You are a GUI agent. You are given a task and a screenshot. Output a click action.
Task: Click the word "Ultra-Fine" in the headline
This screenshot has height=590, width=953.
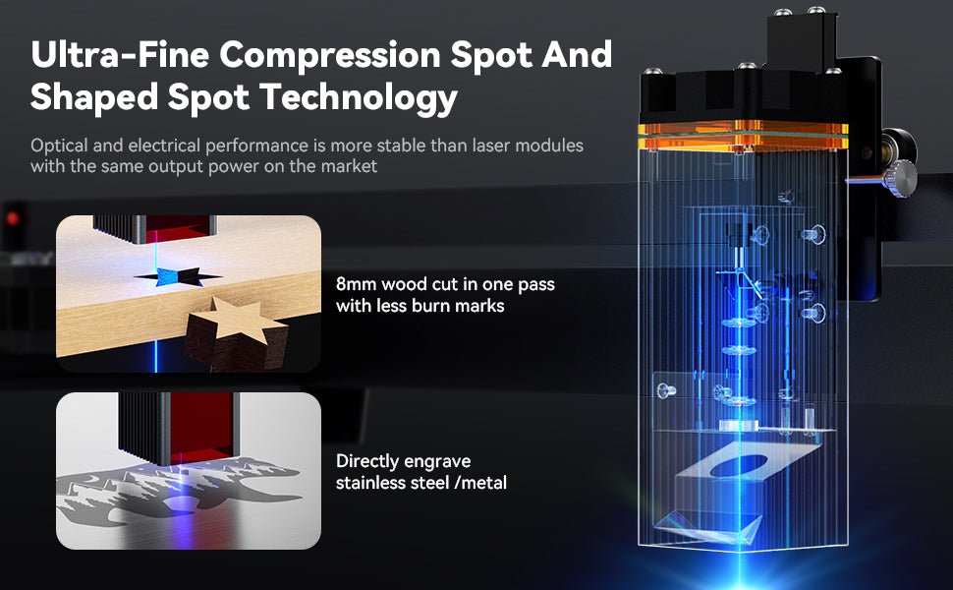tap(120, 55)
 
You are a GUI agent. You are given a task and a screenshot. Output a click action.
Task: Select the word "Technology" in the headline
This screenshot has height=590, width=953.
tap(358, 98)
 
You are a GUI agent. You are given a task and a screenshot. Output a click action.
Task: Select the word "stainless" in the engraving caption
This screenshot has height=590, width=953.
tap(369, 483)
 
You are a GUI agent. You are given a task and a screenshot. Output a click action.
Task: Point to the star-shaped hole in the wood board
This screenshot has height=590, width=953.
tap(178, 276)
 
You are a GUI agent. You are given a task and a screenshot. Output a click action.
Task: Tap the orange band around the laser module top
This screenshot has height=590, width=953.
tap(743, 136)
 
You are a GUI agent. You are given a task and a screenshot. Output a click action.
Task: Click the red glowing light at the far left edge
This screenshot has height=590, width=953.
tap(12, 218)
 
